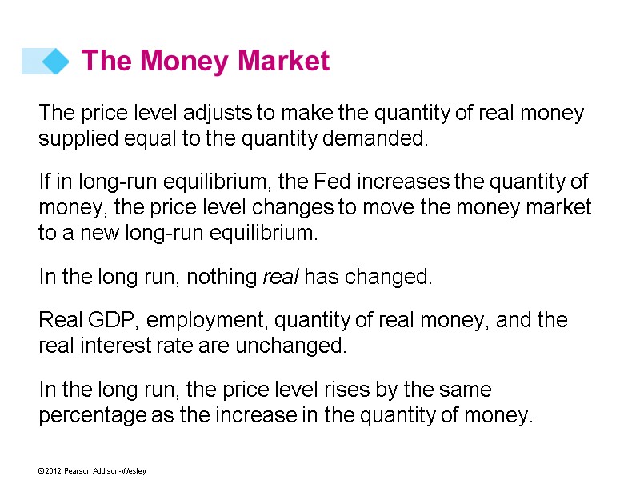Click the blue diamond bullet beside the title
pos(54,61)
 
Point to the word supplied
pos(75,139)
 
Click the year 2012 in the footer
pos(52,471)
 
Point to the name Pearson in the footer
pos(78,471)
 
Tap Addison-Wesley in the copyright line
pos(120,471)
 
